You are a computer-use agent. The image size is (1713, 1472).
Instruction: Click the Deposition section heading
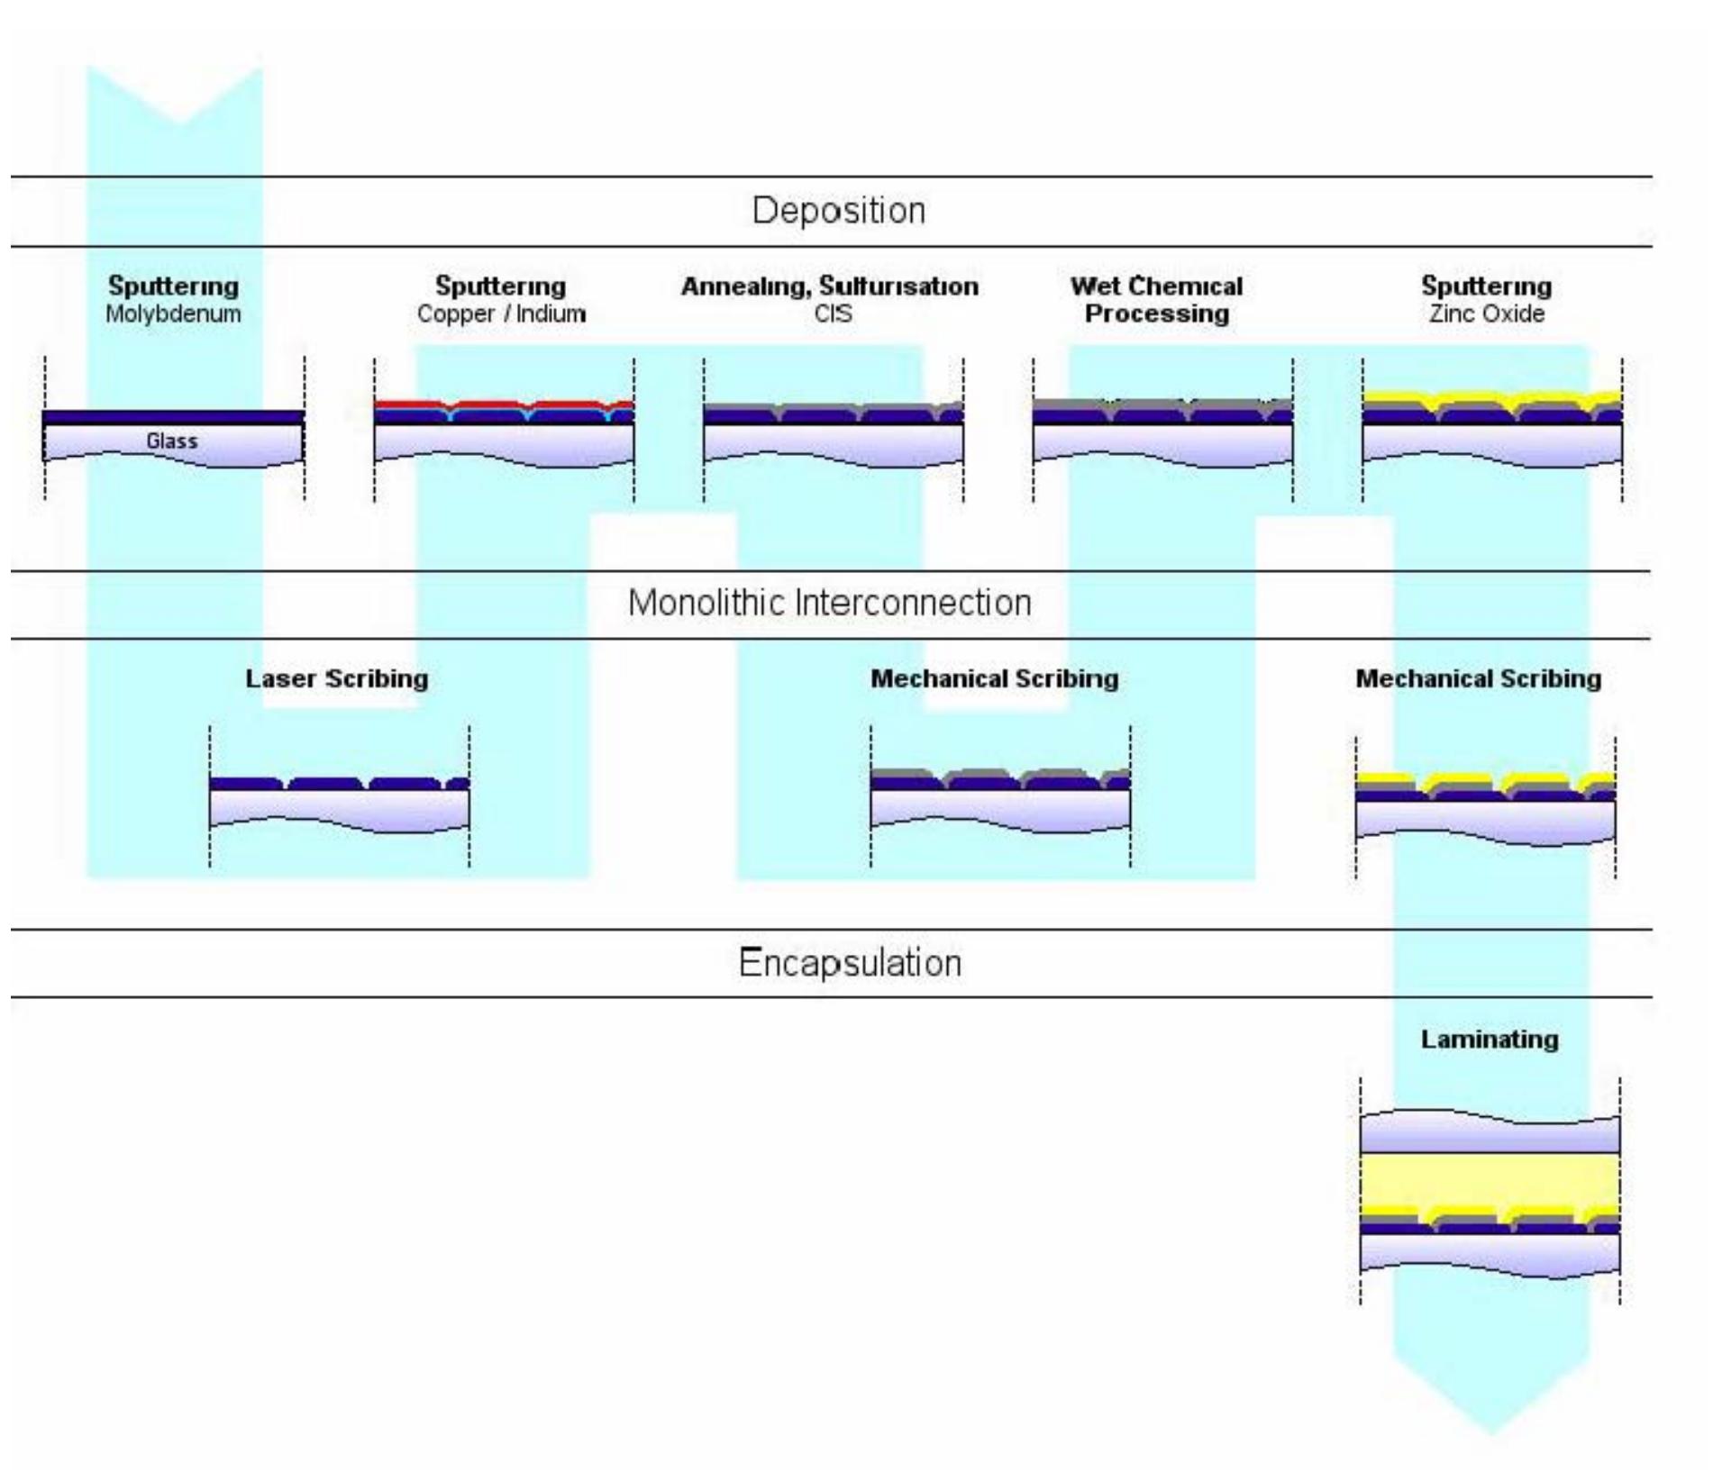[x=838, y=211]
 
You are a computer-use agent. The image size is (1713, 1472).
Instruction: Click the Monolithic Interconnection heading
[x=829, y=603]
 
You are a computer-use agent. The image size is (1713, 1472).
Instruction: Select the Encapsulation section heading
[x=850, y=963]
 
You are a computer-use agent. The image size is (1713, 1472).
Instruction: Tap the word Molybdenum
[x=173, y=314]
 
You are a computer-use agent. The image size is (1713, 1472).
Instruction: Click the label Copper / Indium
[x=501, y=314]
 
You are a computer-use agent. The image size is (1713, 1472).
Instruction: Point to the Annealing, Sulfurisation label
[x=829, y=286]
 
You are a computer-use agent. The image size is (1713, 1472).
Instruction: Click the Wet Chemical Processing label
[x=1156, y=300]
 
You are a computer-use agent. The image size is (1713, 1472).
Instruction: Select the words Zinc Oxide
[x=1486, y=314]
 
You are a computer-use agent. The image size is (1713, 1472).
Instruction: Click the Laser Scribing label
[x=336, y=678]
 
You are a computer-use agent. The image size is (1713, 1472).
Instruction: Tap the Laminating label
[x=1489, y=1039]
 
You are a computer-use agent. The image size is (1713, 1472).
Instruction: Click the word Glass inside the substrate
[x=171, y=441]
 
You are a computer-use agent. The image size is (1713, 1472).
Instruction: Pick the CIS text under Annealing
[x=832, y=314]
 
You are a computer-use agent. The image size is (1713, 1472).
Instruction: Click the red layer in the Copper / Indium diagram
[x=405, y=404]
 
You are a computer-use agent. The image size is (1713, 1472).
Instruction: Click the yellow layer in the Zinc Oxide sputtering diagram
[x=1397, y=397]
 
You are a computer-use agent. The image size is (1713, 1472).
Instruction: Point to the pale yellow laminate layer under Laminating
[x=1489, y=1180]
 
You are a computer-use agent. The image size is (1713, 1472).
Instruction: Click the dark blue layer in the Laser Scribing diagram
[x=243, y=785]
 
